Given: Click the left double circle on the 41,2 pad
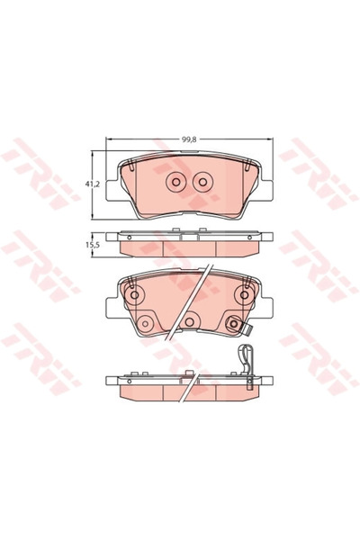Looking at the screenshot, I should point(174,183).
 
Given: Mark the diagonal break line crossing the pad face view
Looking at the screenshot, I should point(200,288).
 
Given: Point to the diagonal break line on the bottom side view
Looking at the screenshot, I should point(192,382).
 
